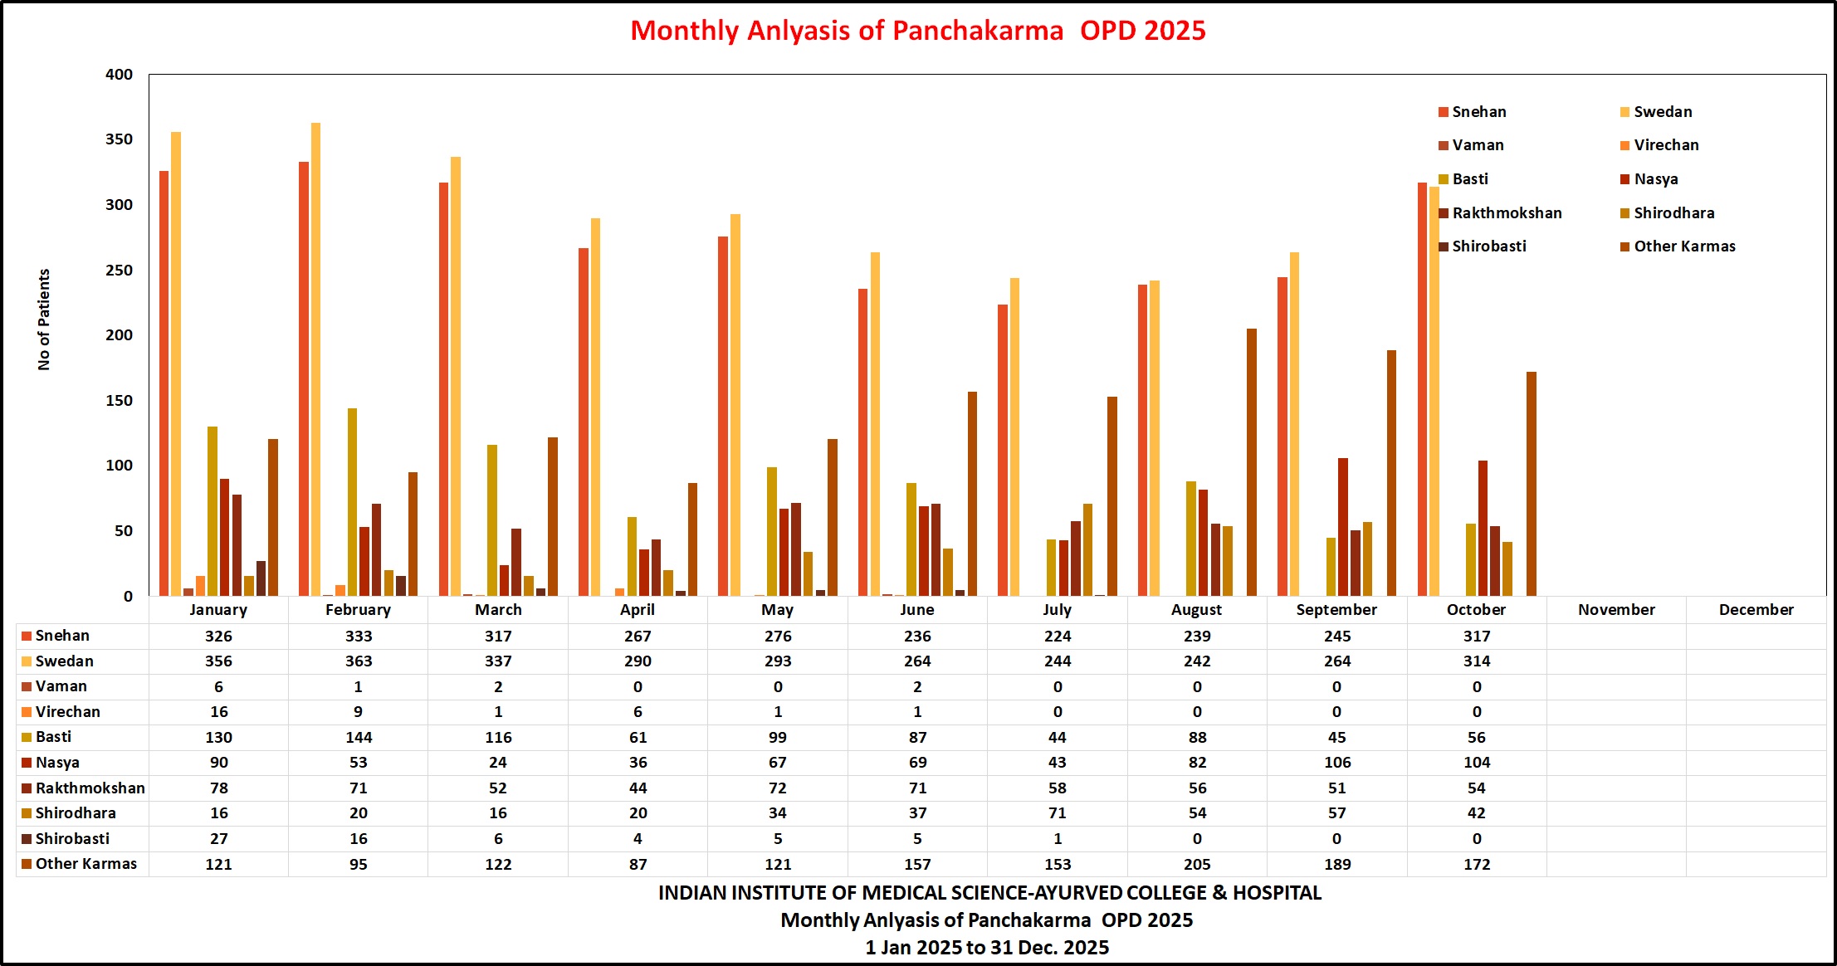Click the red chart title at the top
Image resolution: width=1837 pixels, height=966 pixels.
(x=917, y=31)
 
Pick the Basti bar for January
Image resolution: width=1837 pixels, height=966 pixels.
(x=213, y=510)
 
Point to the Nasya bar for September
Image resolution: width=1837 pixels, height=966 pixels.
(x=1342, y=526)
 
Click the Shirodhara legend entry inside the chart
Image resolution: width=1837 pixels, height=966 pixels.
(x=1673, y=213)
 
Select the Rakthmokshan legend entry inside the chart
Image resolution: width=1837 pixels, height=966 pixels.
(x=1506, y=213)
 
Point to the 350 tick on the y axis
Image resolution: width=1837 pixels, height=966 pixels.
(x=119, y=139)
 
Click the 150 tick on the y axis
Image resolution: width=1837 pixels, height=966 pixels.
(x=119, y=401)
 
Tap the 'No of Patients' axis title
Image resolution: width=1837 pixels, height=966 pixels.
(x=44, y=320)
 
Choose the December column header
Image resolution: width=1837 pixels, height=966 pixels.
(x=1756, y=610)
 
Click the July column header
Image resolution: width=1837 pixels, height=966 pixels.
(x=1057, y=610)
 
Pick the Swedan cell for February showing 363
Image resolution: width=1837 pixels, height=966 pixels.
(x=359, y=661)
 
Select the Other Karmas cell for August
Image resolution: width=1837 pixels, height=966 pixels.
(x=1197, y=864)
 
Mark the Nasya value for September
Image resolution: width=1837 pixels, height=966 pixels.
(x=1336, y=763)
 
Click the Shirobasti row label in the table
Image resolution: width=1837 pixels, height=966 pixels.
(x=72, y=839)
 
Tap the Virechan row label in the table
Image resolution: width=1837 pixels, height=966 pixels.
(x=67, y=712)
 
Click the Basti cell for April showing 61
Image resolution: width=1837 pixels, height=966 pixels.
(x=638, y=738)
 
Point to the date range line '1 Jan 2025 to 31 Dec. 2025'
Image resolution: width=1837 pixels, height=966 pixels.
(x=987, y=948)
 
